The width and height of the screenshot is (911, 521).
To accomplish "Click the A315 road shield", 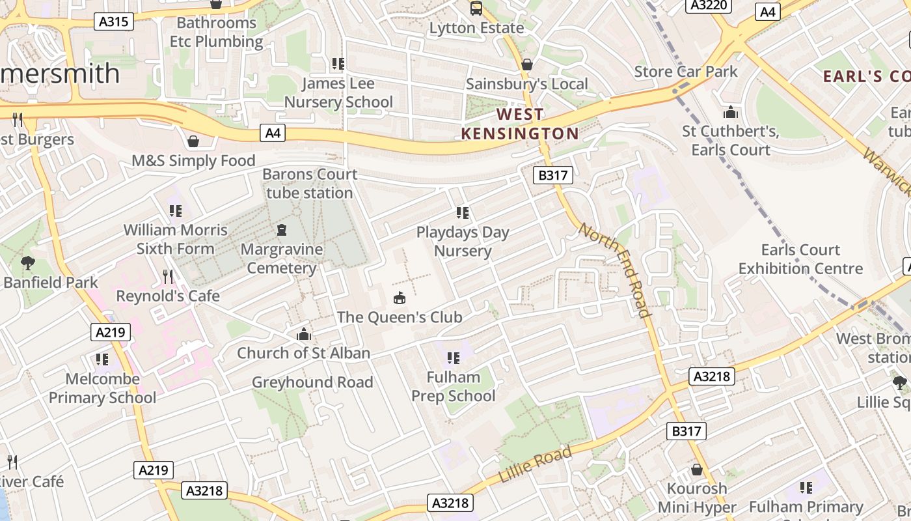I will [114, 21].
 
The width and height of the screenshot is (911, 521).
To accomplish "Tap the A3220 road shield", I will [709, 5].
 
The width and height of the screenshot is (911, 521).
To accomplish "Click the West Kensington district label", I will [520, 124].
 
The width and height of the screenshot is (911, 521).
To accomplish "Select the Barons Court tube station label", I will [310, 184].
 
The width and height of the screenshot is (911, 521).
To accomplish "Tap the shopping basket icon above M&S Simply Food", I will [193, 141].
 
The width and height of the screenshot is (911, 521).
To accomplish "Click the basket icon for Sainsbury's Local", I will [527, 64].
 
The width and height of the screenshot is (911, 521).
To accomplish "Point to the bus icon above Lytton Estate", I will [476, 8].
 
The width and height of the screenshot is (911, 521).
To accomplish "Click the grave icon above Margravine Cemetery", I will [282, 230].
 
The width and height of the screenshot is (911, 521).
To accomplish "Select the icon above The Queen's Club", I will [400, 298].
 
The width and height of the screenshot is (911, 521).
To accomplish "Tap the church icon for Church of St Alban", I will [303, 334].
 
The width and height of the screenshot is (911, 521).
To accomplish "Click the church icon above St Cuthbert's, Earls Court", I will [731, 112].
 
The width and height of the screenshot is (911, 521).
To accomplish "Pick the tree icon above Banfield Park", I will [27, 263].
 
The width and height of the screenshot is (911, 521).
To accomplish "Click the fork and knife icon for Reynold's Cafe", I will [168, 277].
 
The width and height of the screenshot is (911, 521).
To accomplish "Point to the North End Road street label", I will [615, 270].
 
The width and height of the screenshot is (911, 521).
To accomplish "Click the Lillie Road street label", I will [535, 464].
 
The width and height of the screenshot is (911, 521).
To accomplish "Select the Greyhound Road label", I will [312, 382].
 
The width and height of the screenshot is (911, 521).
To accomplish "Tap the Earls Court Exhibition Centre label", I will [800, 259].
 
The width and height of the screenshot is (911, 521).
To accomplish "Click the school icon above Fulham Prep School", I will [454, 358].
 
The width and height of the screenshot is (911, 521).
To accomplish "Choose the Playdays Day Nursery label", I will [463, 242].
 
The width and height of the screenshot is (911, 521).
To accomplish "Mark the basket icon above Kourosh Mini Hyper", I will [697, 470].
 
